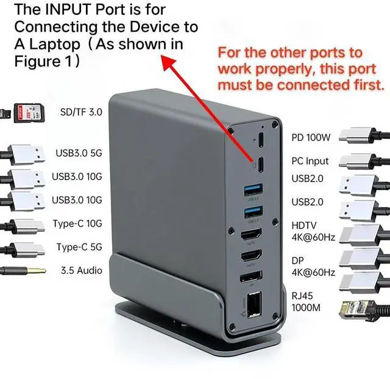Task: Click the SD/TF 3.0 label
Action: coord(81,112)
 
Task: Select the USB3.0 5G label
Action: coord(79,153)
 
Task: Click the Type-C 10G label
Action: coord(77,223)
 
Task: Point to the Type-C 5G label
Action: coord(79,247)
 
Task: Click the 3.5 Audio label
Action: coord(81,270)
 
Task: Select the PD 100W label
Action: coord(311,138)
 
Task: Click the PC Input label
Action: coord(310,161)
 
